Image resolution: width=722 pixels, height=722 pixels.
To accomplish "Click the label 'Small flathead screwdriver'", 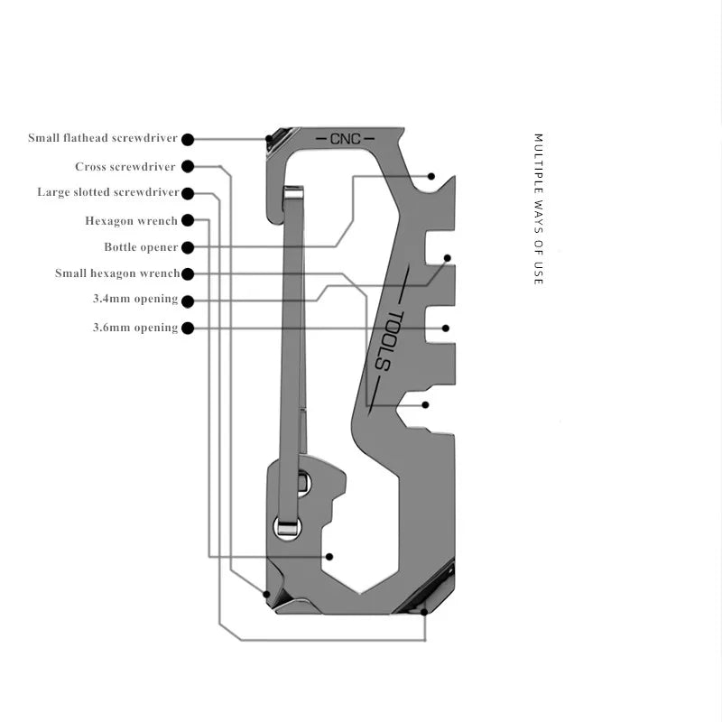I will click(x=103, y=138).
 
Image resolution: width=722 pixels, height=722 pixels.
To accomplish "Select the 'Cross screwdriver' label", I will click(x=125, y=167).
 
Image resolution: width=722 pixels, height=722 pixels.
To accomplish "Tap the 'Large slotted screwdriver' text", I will click(x=107, y=192).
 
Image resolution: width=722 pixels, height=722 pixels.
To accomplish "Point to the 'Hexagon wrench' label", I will click(x=131, y=220).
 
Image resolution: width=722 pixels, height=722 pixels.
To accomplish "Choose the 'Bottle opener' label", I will click(x=140, y=247).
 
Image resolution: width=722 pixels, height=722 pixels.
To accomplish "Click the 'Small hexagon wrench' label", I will click(x=116, y=273).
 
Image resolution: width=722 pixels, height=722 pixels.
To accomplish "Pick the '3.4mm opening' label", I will click(x=134, y=300).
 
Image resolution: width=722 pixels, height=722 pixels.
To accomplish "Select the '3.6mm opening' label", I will click(x=134, y=328).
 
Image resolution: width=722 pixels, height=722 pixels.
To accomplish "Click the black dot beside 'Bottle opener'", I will click(x=187, y=247).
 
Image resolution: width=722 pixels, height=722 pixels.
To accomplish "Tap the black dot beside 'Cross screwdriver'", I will click(x=187, y=167).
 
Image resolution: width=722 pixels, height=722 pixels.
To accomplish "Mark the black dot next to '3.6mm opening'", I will click(x=187, y=328).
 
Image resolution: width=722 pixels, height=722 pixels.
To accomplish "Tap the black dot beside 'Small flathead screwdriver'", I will click(x=187, y=139).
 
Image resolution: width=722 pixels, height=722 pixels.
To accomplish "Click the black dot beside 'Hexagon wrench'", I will click(x=187, y=220).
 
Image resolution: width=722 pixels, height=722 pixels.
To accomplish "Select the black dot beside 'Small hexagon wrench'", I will click(x=187, y=273).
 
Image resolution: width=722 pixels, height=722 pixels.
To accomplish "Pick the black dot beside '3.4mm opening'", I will click(x=187, y=300).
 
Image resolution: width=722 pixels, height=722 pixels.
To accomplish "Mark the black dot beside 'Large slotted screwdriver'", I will click(x=187, y=192).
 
